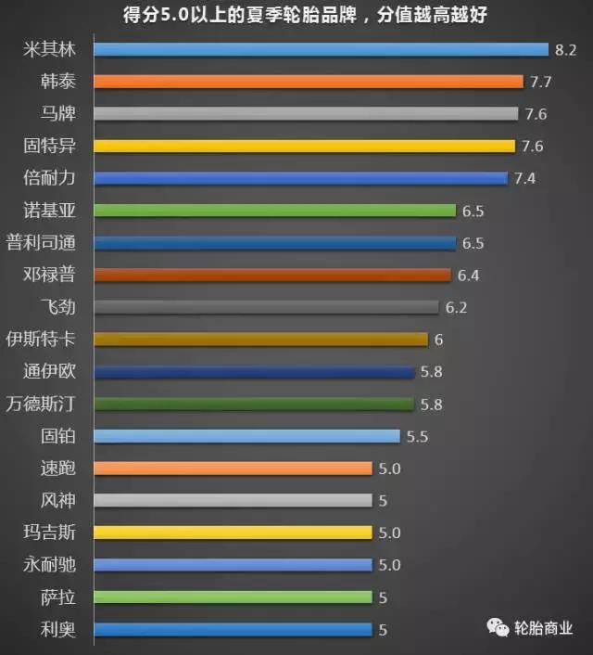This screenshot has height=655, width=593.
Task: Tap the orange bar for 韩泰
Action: tap(309, 82)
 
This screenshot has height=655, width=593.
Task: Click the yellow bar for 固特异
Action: tap(304, 146)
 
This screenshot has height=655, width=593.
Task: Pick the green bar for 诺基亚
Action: tap(274, 211)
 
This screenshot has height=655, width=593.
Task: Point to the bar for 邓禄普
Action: tap(272, 275)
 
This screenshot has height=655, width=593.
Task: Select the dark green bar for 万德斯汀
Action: tap(254, 404)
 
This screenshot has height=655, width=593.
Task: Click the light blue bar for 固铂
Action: tap(246, 436)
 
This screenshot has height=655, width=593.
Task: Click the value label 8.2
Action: tap(565, 49)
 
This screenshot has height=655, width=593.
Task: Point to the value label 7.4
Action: tap(524, 178)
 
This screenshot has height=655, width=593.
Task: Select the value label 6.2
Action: tap(456, 307)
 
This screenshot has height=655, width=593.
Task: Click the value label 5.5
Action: tap(417, 436)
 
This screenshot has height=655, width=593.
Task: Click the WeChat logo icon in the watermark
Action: tap(498, 627)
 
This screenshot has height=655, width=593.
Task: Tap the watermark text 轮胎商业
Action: tap(544, 627)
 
